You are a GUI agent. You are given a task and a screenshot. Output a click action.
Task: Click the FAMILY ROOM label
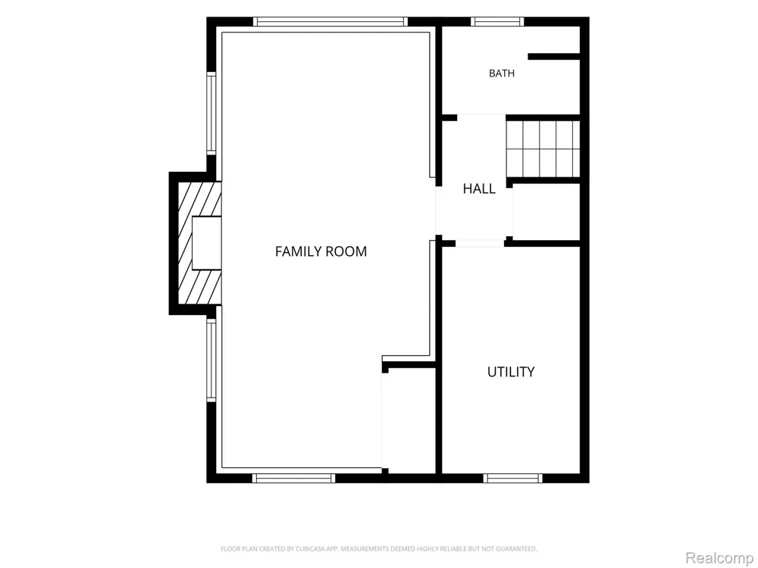coord(321,251)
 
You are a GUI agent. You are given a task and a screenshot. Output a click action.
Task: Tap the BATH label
coord(502,73)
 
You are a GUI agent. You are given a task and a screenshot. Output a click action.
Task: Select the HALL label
coord(479,189)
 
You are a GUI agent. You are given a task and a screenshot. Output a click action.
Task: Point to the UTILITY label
coord(511,372)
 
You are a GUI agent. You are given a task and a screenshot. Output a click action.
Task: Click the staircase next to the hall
coord(543,148)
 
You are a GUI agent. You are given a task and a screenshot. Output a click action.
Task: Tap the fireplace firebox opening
coord(207,243)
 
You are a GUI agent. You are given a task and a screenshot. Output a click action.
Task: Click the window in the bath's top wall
coord(497,21)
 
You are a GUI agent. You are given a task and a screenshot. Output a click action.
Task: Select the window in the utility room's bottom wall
coord(513,478)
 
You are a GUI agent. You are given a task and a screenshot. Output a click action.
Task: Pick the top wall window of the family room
coord(330,21)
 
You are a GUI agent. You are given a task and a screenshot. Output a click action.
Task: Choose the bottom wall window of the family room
coord(294,478)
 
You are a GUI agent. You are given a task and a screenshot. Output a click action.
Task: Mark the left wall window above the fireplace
coord(211,114)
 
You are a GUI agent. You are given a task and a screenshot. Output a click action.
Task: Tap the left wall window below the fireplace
coord(211,360)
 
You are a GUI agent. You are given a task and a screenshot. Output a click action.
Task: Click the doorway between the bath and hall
coord(481,117)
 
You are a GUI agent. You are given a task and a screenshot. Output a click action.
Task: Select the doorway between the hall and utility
coord(480,243)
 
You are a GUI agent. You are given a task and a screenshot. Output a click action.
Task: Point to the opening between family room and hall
coord(439,211)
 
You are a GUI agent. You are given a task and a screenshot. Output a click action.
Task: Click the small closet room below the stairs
coord(547,211)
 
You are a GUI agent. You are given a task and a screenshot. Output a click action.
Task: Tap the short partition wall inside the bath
coord(554,57)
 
